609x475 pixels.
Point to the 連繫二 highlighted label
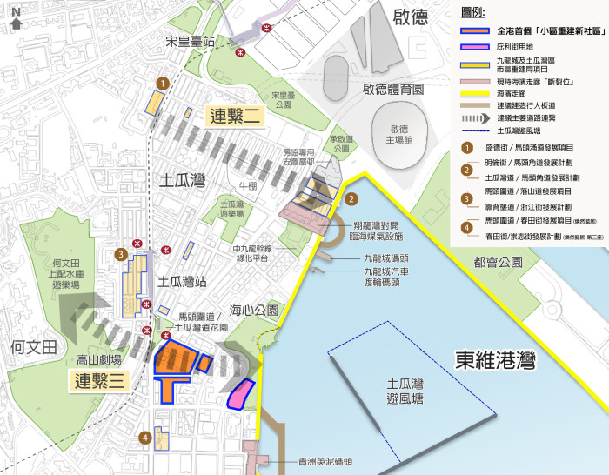(232, 115)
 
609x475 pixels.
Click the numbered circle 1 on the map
(161, 82)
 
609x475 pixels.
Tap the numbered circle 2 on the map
(351, 198)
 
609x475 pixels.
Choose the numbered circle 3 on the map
(121, 254)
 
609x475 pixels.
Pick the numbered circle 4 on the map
(145, 438)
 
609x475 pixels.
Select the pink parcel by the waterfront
(239, 392)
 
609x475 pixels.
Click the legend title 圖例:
(473, 11)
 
